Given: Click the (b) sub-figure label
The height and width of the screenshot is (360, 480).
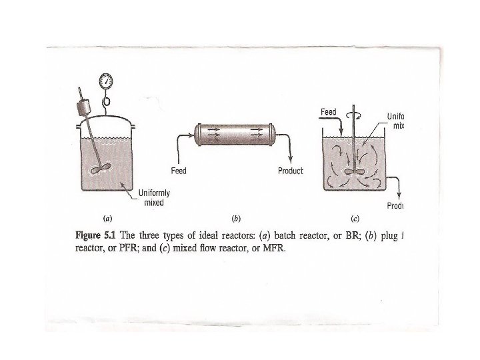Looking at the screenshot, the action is [235, 218].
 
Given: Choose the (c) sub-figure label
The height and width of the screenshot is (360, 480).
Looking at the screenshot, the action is [355, 218].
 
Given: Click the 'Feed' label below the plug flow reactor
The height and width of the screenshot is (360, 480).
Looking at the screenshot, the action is [179, 171].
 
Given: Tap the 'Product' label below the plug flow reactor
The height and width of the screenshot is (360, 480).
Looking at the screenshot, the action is [290, 171].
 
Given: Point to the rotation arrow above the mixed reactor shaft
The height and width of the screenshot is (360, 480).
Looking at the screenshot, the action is [353, 115].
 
